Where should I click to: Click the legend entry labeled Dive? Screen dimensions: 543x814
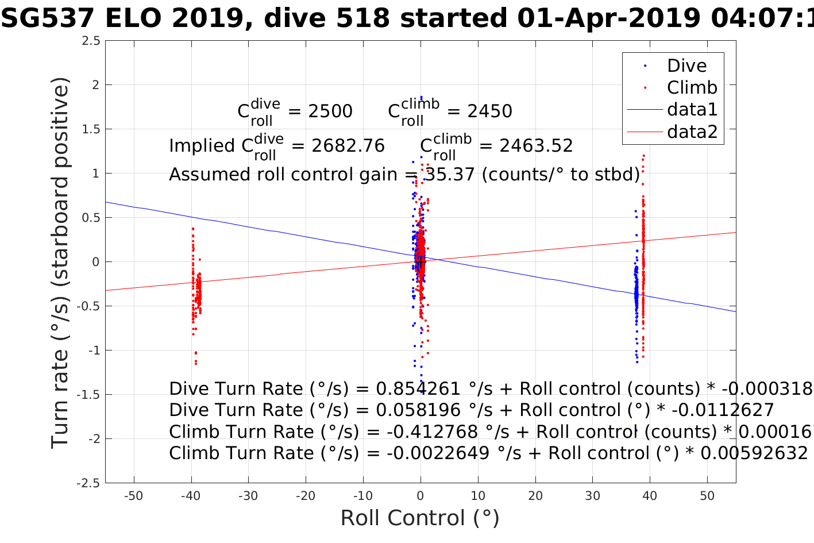pyautogui.click(x=686, y=66)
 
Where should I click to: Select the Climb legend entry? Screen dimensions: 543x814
pyautogui.click(x=692, y=88)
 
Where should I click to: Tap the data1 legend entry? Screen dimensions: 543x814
pyautogui.click(x=692, y=110)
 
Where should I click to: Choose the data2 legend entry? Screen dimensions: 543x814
pyautogui.click(x=692, y=132)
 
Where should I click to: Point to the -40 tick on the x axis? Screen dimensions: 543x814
pyautogui.click(x=191, y=496)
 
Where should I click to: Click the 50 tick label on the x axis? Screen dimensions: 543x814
pyautogui.click(x=707, y=496)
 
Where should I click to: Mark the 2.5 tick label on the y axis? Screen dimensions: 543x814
pyautogui.click(x=90, y=41)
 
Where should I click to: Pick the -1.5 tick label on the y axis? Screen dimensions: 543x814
pyautogui.click(x=88, y=395)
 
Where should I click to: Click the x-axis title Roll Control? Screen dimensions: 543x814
pyautogui.click(x=419, y=518)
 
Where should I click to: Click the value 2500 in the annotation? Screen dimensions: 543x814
pyautogui.click(x=330, y=111)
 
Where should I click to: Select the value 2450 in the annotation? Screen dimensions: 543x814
pyautogui.click(x=489, y=111)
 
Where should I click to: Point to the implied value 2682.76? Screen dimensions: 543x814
pyautogui.click(x=348, y=146)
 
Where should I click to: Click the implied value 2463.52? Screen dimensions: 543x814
pyautogui.click(x=536, y=146)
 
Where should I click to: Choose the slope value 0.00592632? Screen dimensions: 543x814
pyautogui.click(x=754, y=453)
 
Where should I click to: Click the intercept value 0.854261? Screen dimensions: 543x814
pyautogui.click(x=418, y=389)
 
